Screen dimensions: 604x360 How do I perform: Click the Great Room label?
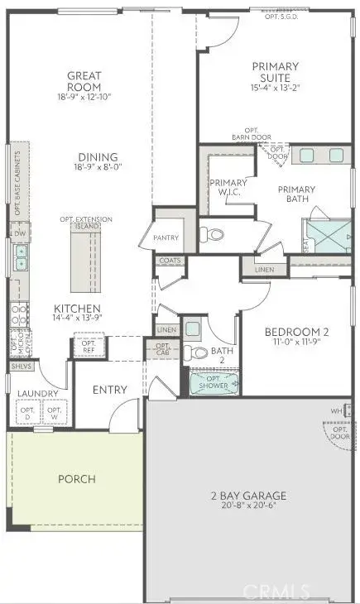point(84,81)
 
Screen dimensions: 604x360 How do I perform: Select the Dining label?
point(98,157)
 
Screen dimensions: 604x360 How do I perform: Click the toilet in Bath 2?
point(194,353)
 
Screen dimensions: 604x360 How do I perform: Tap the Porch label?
point(76,478)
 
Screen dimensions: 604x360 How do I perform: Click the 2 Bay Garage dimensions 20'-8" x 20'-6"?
point(248,507)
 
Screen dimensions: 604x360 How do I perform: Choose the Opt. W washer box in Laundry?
point(55,411)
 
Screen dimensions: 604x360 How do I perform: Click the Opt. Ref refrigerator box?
point(86,346)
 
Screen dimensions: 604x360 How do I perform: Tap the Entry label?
point(109,389)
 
